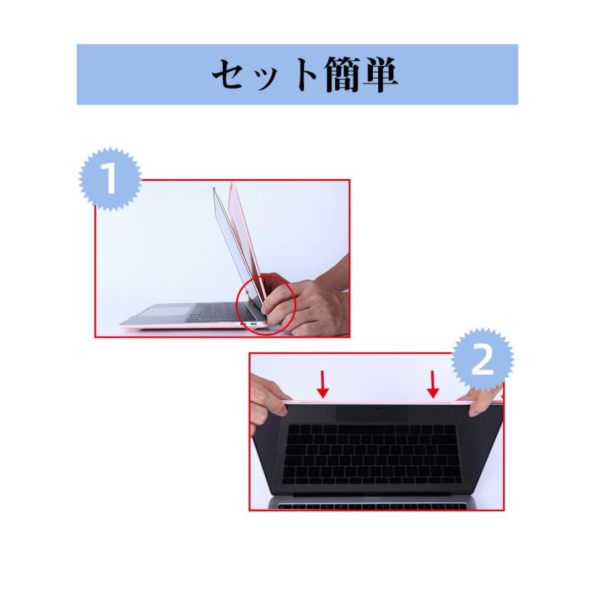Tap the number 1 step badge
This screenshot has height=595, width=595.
110,179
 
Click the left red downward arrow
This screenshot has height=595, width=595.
323,384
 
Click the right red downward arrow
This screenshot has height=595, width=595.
433,384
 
